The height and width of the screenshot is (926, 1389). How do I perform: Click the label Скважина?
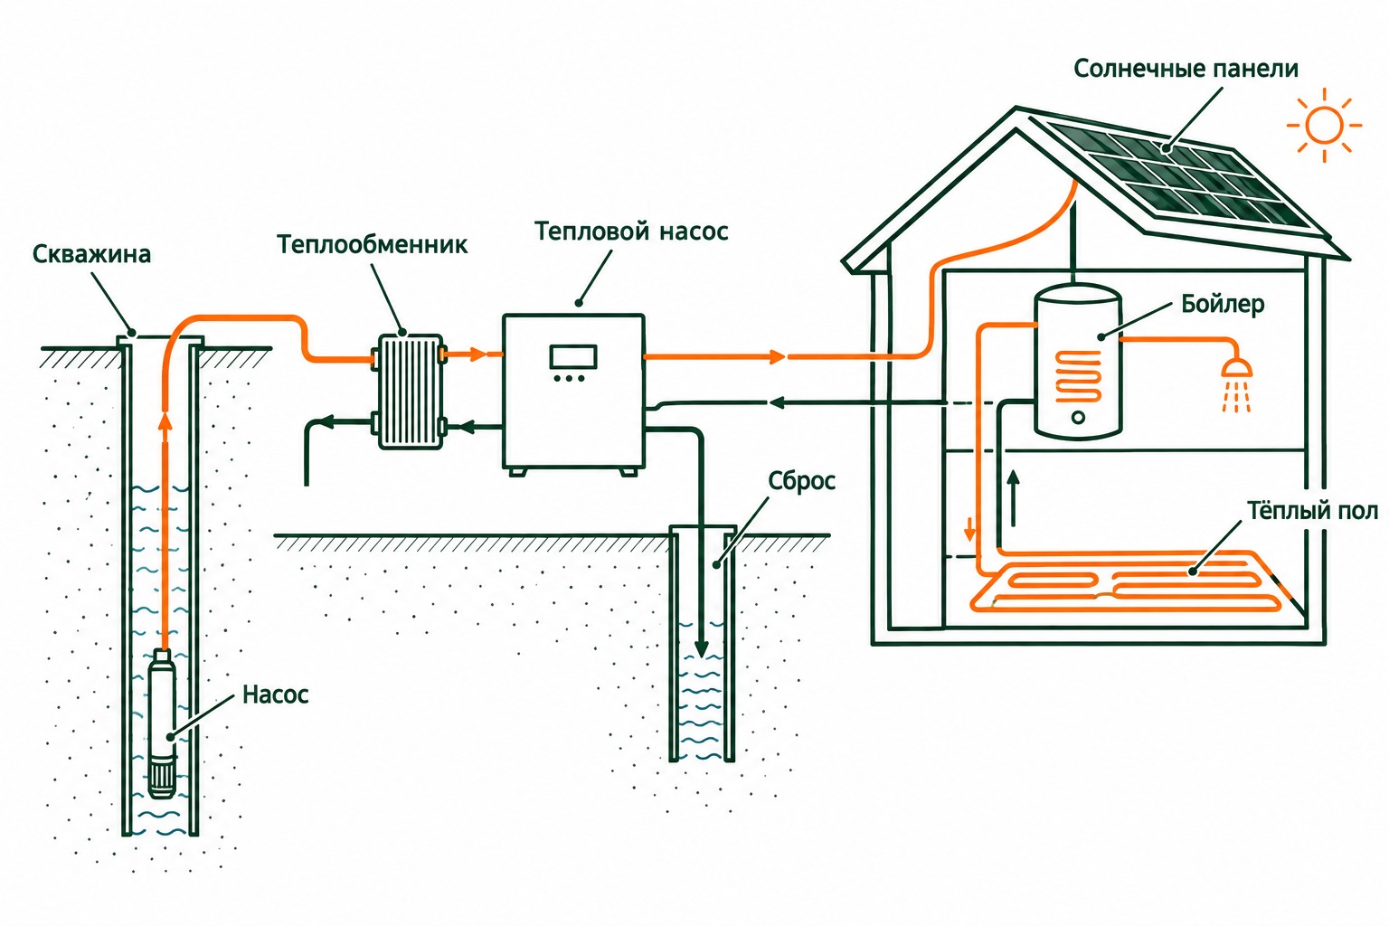tap(91, 254)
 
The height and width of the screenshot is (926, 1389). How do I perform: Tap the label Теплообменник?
tap(372, 244)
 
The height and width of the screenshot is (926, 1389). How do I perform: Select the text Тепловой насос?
tap(631, 231)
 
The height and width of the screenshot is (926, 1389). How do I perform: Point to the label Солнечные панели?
tap(1186, 69)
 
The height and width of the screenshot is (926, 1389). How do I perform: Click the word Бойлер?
tap(1223, 304)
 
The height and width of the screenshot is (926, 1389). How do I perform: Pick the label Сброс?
tap(801, 481)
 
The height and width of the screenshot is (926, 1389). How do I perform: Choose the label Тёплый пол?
tap(1312, 511)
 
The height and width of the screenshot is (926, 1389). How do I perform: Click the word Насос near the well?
tap(275, 694)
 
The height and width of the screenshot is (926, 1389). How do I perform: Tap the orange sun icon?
tap(1324, 126)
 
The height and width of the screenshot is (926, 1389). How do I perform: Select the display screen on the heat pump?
tap(573, 357)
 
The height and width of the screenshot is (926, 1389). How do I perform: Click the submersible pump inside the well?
tap(163, 723)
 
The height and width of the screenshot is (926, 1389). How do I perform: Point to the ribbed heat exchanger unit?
tap(410, 392)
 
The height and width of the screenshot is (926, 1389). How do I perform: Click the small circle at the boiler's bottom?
tap(1078, 418)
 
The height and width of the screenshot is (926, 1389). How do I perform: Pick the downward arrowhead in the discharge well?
tap(702, 648)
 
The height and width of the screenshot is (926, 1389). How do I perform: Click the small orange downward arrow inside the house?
tap(969, 529)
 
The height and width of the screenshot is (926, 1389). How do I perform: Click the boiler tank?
tap(1078, 361)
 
